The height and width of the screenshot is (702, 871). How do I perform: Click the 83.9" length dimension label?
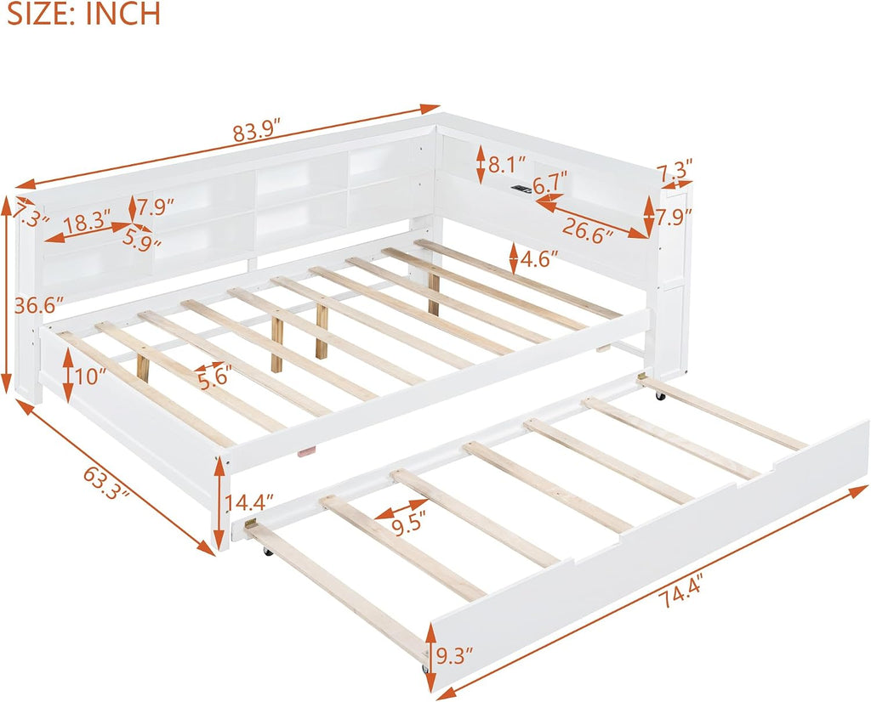[260, 133]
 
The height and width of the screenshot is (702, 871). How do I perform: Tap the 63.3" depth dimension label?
[107, 483]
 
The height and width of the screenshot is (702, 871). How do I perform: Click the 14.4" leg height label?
[249, 502]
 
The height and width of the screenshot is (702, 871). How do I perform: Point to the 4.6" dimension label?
[538, 258]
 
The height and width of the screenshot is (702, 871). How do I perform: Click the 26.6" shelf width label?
[587, 228]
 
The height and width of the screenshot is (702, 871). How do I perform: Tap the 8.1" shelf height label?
[507, 164]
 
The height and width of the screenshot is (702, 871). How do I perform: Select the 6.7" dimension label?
[550, 183]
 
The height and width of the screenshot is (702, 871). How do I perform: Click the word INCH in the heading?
[122, 14]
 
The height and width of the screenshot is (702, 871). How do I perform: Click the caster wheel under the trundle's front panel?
[425, 667]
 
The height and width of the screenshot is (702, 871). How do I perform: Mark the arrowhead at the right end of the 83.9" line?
[431, 108]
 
